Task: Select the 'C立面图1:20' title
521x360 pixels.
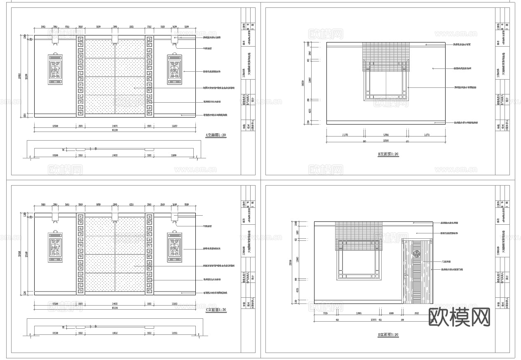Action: pos(216,310)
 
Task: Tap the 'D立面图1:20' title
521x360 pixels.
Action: pos(388,335)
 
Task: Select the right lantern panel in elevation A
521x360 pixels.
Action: pos(174,70)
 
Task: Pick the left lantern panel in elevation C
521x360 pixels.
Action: pos(56,247)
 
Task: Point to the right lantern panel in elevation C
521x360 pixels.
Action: pos(174,247)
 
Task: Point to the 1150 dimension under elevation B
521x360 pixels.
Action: pos(345,135)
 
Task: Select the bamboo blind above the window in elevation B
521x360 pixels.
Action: pos(385,56)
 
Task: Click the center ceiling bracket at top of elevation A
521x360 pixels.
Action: pos(115,39)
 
